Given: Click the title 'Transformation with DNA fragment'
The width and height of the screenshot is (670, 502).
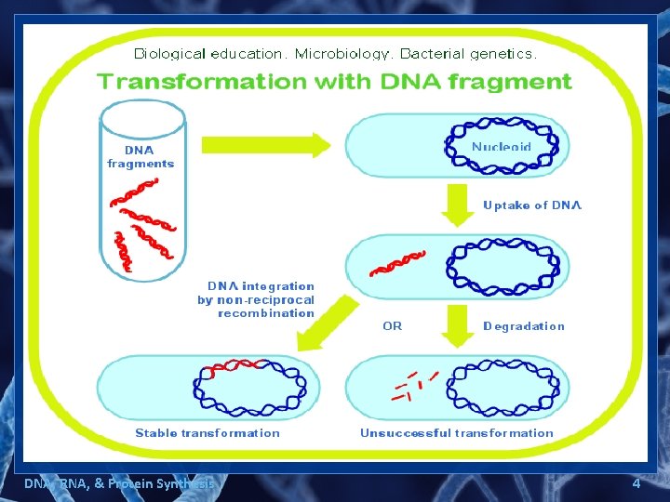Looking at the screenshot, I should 334,81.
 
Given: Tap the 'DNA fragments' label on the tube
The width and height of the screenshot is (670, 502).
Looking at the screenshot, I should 141,156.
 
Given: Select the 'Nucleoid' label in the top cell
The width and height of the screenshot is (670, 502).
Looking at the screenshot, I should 502,147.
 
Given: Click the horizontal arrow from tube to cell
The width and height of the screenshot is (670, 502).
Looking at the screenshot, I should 265,145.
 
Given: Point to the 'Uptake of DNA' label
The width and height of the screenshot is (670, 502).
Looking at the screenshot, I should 531,205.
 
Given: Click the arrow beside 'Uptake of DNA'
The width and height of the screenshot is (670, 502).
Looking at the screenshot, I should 457,205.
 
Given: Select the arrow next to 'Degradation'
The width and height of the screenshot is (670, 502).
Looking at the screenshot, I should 457,325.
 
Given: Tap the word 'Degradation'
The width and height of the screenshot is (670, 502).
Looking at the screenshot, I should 523,326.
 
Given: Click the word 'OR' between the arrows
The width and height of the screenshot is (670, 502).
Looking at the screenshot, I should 393,326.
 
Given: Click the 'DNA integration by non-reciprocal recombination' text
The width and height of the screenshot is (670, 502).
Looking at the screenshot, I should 256,299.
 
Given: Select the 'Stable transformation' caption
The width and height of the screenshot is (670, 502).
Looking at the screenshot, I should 207,433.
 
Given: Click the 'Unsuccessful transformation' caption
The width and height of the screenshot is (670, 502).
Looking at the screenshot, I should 456,433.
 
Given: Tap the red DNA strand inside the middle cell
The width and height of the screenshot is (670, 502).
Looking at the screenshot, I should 397,263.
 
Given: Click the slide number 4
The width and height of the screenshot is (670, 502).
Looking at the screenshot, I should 636,483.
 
